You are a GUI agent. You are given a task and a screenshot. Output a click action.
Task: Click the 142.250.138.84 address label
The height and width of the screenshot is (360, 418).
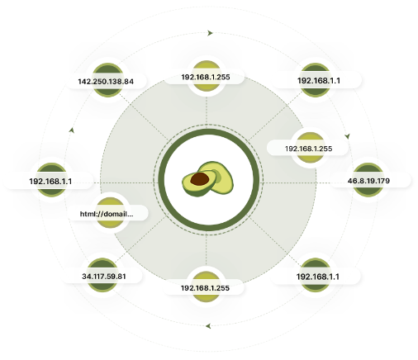106,82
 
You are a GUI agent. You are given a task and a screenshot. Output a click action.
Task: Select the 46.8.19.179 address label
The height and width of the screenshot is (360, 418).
368,181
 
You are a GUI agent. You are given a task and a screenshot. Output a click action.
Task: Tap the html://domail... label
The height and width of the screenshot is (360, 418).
107,214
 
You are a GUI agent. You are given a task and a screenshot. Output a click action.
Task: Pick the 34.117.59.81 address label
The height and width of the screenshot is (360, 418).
104,276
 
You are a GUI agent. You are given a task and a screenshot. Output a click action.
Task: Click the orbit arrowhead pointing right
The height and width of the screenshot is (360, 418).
210,33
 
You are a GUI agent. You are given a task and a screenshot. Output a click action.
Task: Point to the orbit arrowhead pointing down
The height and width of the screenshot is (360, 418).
348,136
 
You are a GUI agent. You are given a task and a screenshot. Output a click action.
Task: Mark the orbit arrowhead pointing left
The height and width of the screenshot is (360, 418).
208,326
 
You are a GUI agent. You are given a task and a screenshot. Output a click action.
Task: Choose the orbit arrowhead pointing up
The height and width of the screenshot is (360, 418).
72,130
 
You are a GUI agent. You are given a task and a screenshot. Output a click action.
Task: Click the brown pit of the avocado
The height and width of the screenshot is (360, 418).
199,179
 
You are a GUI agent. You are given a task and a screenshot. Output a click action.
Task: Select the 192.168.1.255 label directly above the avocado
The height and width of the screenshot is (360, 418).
206,77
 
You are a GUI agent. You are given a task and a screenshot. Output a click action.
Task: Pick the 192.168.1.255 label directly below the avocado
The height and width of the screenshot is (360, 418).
205,288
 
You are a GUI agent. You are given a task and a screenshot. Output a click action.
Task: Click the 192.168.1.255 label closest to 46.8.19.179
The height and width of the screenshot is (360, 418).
308,149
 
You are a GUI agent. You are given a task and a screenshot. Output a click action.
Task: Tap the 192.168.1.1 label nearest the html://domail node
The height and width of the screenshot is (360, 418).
50,182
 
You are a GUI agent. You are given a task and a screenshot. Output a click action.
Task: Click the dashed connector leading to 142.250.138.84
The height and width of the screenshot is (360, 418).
144,117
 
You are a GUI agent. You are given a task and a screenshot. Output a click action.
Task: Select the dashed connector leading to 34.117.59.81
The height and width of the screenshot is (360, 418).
140,239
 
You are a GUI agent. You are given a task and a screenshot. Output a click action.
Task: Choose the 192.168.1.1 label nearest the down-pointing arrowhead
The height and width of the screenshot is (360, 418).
319,81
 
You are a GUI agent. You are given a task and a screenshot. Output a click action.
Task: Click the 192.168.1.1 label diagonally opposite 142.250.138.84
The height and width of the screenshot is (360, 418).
317,277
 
